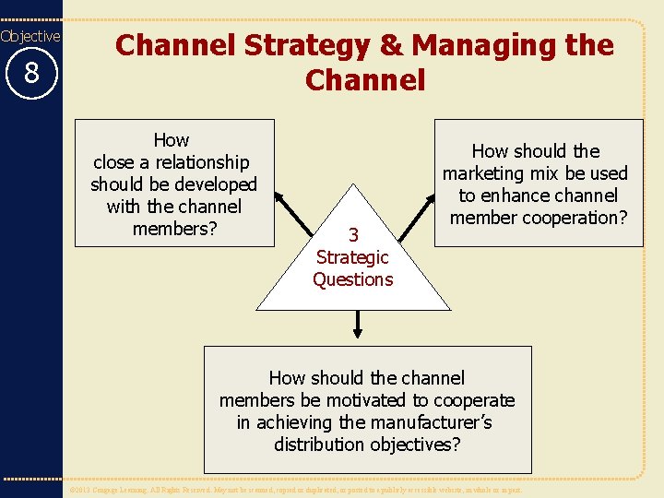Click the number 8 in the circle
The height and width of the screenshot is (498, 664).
(x=31, y=72)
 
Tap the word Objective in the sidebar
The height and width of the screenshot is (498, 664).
(x=30, y=36)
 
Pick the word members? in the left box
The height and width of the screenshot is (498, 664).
(x=174, y=229)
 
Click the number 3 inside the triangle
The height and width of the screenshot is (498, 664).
(x=352, y=235)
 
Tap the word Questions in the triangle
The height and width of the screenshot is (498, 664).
(x=352, y=279)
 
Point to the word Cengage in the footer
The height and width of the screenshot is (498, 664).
(x=113, y=490)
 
